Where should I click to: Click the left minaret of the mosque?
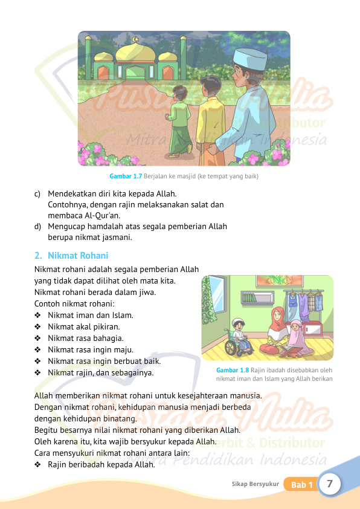click(x=89, y=57)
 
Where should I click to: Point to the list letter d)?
click(x=38, y=227)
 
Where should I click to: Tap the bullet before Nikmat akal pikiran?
click(x=38, y=326)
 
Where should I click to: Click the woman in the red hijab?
click(x=275, y=329)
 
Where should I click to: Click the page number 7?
click(x=330, y=484)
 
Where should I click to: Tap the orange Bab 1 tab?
click(x=301, y=485)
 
